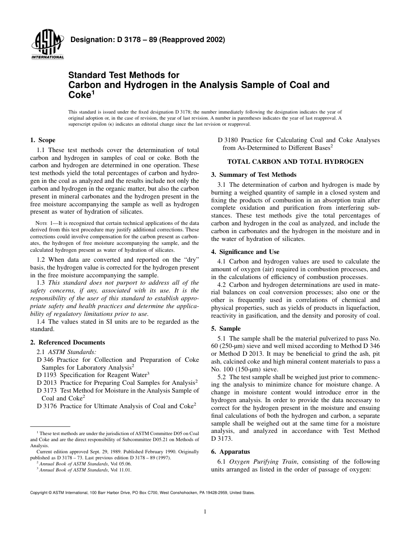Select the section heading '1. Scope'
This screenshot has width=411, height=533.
coord(42,140)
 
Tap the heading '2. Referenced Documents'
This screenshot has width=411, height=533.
coord(67,342)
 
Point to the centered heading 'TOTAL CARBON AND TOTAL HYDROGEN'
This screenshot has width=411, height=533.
coord(295,162)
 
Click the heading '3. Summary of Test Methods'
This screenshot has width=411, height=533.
coord(254,175)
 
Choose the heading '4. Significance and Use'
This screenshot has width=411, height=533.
coord(245,252)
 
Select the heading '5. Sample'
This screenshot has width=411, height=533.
coord(226,328)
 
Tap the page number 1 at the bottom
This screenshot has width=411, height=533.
coord(205,512)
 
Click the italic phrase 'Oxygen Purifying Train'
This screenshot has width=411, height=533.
coord(261,461)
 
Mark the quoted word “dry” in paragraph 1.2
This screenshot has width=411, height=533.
coord(190,260)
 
